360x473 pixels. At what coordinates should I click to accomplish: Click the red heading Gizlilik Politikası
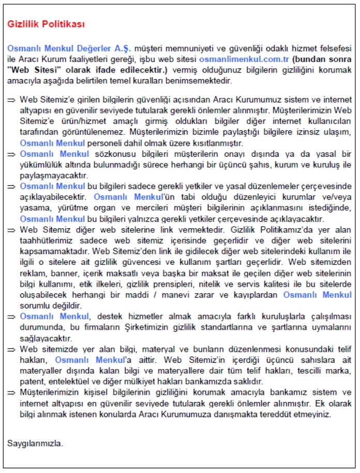tap(46, 24)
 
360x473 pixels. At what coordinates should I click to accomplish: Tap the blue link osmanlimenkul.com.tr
tap(244, 60)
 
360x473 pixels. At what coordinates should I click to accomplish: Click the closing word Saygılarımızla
tap(35, 444)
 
